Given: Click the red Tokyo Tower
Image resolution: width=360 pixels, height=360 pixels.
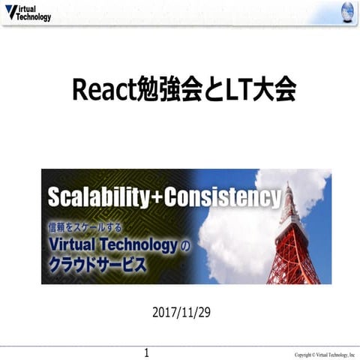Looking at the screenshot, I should [x=293, y=240].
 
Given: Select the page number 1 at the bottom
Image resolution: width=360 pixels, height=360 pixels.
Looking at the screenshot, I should [x=147, y=352].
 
